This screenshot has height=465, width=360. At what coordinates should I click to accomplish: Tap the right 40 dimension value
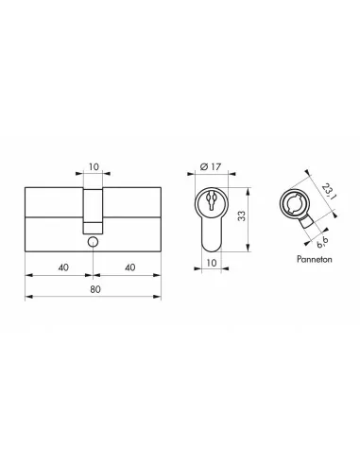click(128, 267)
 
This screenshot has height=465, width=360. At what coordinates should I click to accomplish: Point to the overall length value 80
click(93, 290)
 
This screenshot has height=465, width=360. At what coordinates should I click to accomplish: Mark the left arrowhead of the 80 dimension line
click(26, 298)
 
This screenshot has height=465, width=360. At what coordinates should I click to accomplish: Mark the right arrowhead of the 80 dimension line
click(159, 298)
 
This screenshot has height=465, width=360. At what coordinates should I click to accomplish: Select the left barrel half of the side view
click(52, 213)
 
